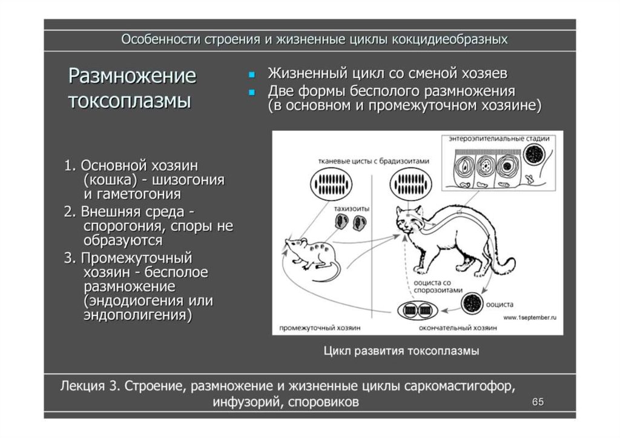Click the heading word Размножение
[131, 76]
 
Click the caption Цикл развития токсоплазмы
[401, 351]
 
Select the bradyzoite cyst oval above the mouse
[331, 184]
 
